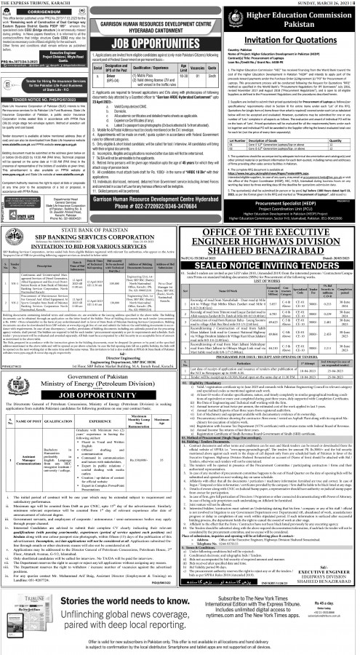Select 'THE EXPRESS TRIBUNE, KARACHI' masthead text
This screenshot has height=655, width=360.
33,4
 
